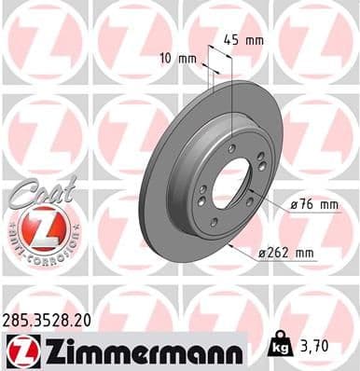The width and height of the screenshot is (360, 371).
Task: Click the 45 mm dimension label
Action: tap(243, 40)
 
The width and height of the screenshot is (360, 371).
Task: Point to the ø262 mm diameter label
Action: tap(289, 252)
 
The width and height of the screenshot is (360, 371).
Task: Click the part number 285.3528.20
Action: tap(52, 318)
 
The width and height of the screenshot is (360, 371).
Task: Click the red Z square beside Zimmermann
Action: tap(21, 350)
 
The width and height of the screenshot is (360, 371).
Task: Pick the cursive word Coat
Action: tap(35, 188)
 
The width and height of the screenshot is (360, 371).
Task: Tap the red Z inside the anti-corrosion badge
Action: tap(35, 227)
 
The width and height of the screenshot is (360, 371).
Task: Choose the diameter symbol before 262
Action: tap(265, 252)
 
